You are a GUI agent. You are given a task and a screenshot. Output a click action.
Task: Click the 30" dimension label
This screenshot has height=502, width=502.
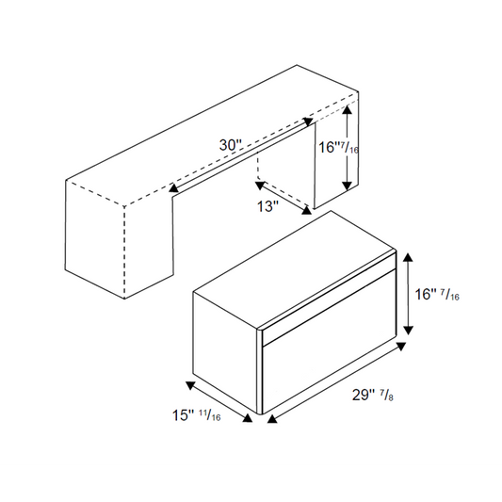[x=230, y=145]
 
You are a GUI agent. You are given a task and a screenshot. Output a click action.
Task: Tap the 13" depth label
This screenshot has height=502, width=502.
[x=268, y=206]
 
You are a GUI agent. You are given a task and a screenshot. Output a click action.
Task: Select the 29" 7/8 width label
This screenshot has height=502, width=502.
[x=373, y=395]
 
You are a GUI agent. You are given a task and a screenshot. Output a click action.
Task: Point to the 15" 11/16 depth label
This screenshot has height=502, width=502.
[x=196, y=415]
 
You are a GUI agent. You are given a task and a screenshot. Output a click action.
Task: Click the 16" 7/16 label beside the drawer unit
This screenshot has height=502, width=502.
[x=437, y=294]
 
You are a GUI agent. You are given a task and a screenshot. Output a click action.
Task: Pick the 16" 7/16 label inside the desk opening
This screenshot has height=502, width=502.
[x=338, y=148]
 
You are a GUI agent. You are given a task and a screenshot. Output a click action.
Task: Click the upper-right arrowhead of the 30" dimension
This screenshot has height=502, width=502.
[x=309, y=121]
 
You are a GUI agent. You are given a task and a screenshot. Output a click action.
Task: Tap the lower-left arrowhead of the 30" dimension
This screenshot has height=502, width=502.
[x=173, y=187]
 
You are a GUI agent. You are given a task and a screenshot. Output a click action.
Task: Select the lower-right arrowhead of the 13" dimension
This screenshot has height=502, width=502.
[x=307, y=210]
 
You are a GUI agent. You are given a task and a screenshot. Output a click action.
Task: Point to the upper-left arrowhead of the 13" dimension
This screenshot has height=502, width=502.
[x=260, y=185]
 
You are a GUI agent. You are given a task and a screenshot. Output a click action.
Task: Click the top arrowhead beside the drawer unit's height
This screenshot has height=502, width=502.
[x=408, y=257]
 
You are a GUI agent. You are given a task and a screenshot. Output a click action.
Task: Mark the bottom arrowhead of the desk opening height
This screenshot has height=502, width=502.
[x=347, y=186]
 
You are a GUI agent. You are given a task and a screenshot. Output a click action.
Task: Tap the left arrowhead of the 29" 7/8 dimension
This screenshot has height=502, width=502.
[x=272, y=419]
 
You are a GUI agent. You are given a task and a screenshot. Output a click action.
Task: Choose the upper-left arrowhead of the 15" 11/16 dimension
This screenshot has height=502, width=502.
[x=190, y=386]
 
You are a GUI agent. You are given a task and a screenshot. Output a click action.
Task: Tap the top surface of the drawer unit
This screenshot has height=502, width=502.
[x=294, y=270]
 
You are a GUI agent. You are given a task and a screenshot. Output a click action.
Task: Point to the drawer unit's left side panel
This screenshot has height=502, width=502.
[x=225, y=352]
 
